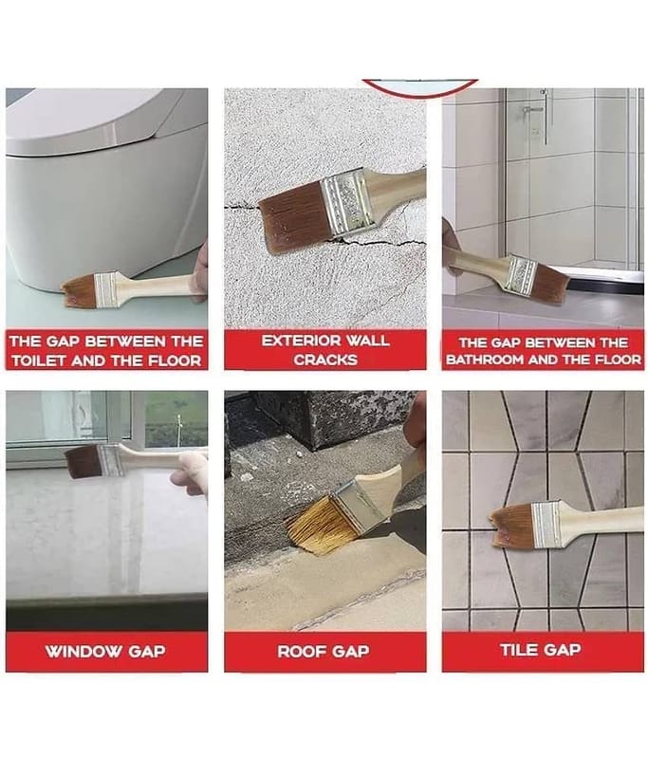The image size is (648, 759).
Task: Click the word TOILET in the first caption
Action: pyautogui.click(x=39, y=361)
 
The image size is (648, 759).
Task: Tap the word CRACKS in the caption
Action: pyautogui.click(x=325, y=360)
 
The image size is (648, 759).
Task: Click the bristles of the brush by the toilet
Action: pyautogui.click(x=78, y=291)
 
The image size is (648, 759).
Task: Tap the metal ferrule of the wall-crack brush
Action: pyautogui.click(x=346, y=202)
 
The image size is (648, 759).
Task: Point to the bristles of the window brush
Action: pyautogui.click(x=83, y=462)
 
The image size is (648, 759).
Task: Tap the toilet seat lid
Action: pyautogui.click(x=97, y=121)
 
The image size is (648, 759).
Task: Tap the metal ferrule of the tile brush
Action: pyautogui.click(x=546, y=525)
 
